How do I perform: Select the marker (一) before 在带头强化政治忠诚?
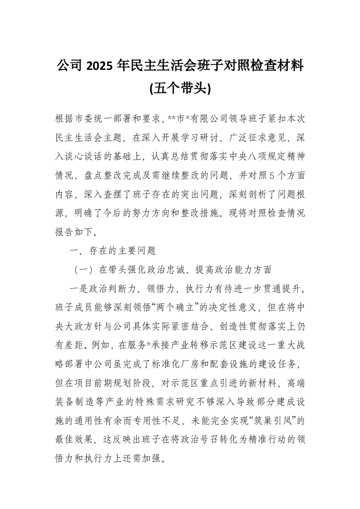click(84, 269)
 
